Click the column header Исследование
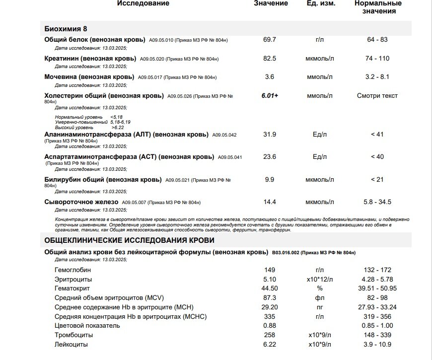coord(143,3)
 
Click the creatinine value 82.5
coord(270,59)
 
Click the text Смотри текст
coord(377,96)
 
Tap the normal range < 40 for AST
coord(377,157)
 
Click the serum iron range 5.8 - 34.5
coord(377,202)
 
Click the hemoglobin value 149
coord(270,270)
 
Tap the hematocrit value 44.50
coord(270,288)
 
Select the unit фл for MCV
coord(320,298)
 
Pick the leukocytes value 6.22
coord(270,345)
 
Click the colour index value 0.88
coord(270,326)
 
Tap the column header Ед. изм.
coord(321,3)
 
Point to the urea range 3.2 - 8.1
coord(377,77)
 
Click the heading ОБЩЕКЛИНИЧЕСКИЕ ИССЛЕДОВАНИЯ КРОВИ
coord(130,240)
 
